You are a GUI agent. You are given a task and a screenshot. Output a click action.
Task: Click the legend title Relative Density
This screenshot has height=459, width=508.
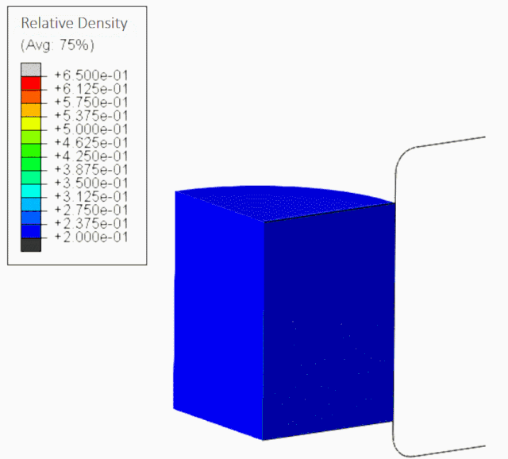tap(74, 23)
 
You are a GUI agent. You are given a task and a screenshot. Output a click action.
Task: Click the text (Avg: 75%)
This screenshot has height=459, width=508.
tap(57, 44)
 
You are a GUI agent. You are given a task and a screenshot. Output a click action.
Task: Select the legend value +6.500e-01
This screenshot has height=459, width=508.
tap(91, 75)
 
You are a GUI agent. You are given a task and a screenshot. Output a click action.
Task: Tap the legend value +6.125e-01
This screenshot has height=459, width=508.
tap(91, 89)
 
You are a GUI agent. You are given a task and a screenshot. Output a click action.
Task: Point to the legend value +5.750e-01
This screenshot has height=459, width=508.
tap(91, 102)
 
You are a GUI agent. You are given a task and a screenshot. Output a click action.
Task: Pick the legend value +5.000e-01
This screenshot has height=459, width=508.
tap(91, 129)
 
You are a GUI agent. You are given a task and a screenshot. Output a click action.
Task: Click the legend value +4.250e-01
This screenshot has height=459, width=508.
tap(91, 156)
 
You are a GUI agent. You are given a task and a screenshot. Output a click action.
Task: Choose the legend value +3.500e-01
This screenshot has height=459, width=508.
tap(91, 183)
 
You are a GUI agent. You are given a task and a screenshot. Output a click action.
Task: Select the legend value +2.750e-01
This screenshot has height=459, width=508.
tap(91, 210)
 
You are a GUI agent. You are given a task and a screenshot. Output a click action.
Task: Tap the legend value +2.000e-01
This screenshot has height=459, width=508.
tap(91, 237)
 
